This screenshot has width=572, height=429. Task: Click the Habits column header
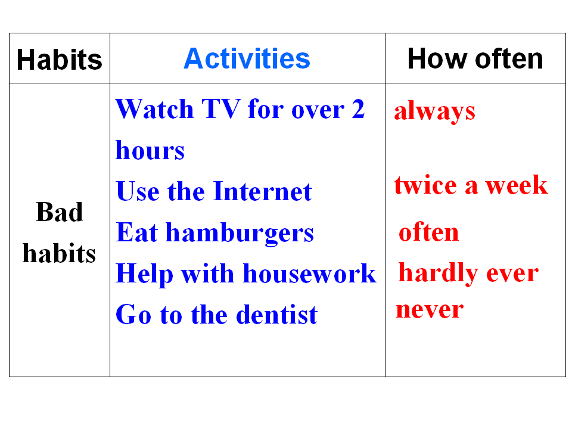[x=60, y=60]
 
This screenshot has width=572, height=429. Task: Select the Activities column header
[x=247, y=58]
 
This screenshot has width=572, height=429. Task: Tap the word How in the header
[x=437, y=58]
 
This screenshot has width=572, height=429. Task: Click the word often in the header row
[x=509, y=58]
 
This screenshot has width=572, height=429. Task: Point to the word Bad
[x=60, y=212]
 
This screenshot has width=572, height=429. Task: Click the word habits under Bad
[x=59, y=253]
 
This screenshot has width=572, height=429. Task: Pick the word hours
[x=150, y=150]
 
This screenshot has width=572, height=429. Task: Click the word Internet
[x=263, y=191]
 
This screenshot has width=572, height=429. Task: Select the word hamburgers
[x=240, y=234]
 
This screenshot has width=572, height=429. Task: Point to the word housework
[x=309, y=273]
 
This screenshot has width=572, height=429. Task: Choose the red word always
[x=435, y=111]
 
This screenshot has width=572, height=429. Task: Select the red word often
[x=428, y=232]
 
